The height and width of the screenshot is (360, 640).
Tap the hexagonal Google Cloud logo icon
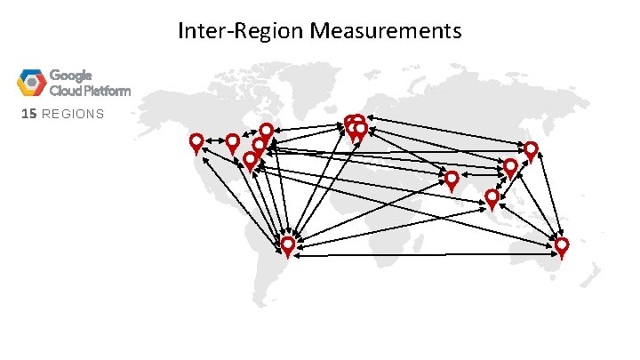(31, 82)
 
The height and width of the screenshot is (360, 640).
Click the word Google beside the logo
(70, 76)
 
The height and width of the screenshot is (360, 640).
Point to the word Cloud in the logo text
(64, 91)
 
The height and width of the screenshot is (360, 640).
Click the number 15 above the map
(28, 114)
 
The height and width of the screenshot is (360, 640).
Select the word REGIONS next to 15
(72, 114)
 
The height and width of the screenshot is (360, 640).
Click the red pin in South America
(288, 244)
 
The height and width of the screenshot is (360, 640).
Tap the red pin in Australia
(561, 244)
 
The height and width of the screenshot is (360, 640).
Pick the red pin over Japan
(531, 149)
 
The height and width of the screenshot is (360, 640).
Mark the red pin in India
(452, 179)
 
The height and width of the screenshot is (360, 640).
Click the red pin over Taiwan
(510, 167)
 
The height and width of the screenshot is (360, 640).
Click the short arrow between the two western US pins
(214, 140)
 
